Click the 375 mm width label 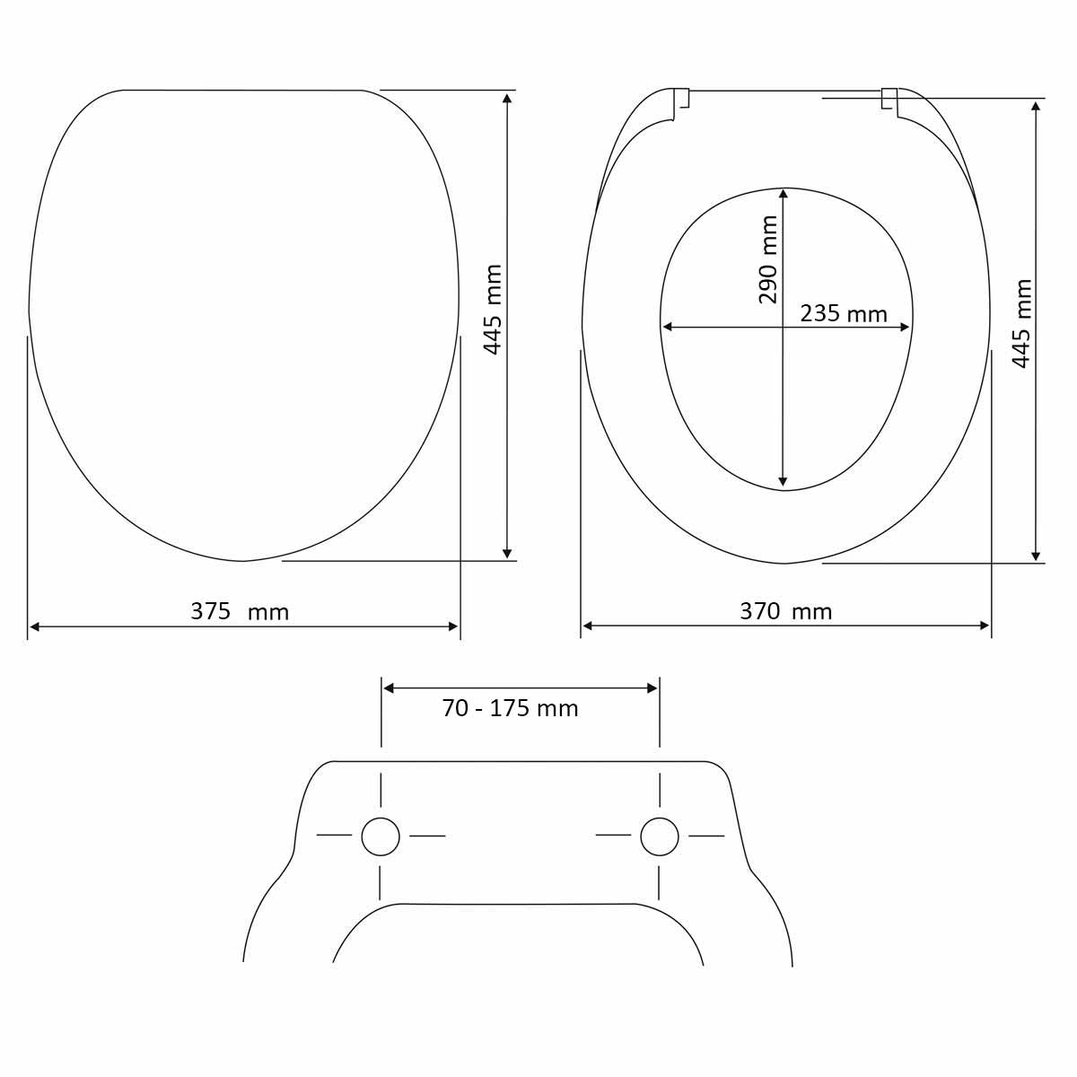240,612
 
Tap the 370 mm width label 786,611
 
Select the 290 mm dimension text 768,259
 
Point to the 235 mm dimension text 844,313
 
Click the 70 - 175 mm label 510,709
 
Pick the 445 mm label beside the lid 493,310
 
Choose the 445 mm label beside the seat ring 1021,324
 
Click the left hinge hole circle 381,836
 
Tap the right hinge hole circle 660,836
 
